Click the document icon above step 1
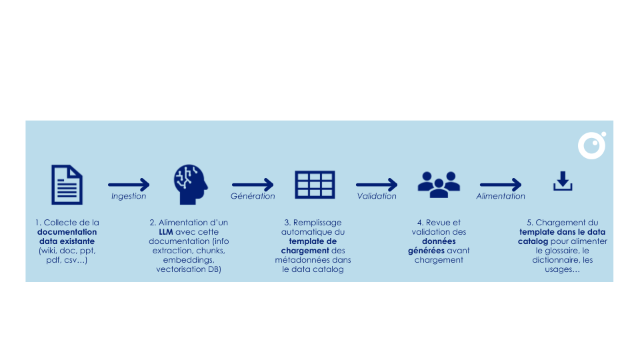67,185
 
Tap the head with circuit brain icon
191,185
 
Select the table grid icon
315,185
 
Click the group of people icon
438,183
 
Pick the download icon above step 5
563,181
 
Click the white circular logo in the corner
591,145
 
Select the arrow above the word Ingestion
129,185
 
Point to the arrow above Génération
253,185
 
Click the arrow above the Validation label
377,185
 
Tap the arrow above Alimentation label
501,185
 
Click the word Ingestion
129,197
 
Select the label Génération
253,197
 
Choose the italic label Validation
377,197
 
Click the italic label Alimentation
501,197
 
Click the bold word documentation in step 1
67,232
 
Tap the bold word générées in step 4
426,251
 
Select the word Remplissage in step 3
317,223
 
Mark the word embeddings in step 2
191,260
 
